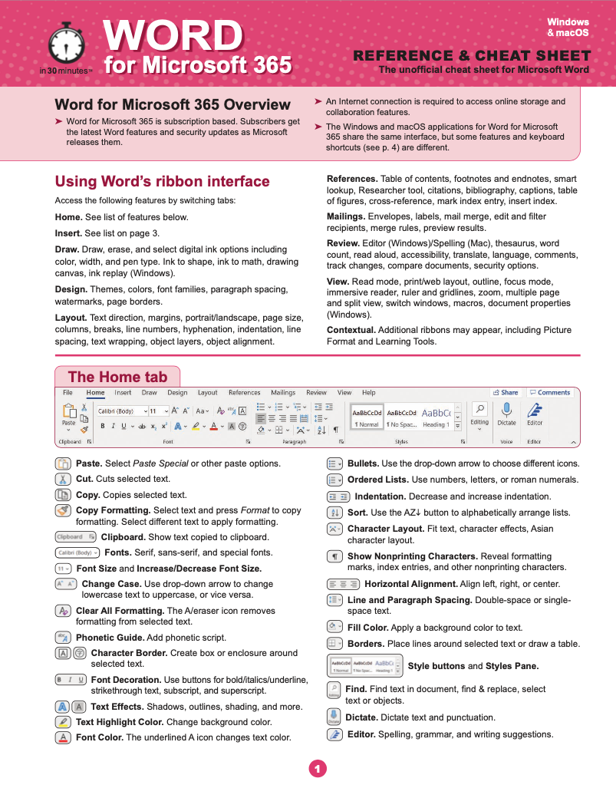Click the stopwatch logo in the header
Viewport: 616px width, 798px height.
tap(65, 45)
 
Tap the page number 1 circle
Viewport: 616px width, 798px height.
tap(316, 767)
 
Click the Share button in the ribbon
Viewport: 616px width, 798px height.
tap(506, 393)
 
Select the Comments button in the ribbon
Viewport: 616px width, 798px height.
tap(550, 393)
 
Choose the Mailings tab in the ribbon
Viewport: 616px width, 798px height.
tap(283, 393)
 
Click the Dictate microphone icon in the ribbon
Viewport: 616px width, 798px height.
tap(506, 410)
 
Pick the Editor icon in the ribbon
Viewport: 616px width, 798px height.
tap(535, 410)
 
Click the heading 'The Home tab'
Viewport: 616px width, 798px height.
tap(117, 377)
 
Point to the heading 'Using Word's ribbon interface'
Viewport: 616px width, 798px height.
tap(162, 182)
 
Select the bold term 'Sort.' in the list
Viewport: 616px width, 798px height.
tap(358, 513)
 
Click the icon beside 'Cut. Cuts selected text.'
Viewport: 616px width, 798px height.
tap(63, 479)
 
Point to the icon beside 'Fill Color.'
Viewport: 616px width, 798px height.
tap(334, 627)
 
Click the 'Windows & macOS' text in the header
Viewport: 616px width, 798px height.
tap(568, 28)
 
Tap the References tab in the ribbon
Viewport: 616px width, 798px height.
tap(244, 393)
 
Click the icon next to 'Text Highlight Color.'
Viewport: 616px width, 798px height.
tap(63, 722)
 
